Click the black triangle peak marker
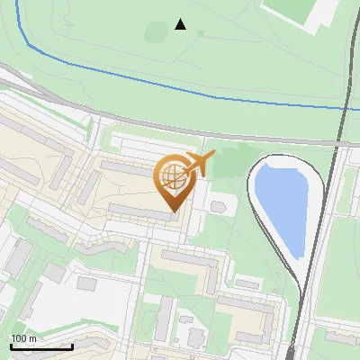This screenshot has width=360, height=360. point(181,24)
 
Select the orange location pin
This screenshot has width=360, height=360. point(173,184)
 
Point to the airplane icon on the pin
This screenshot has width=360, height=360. point(198,164)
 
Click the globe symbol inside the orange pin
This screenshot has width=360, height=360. point(172,176)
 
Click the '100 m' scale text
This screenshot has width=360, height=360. point(23,338)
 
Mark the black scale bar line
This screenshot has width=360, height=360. point(41,346)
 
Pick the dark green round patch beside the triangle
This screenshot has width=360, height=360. point(155,33)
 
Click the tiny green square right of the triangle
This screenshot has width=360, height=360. point(200,34)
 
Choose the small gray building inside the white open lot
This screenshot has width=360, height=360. point(86,283)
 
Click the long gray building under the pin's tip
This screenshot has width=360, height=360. point(139,212)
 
